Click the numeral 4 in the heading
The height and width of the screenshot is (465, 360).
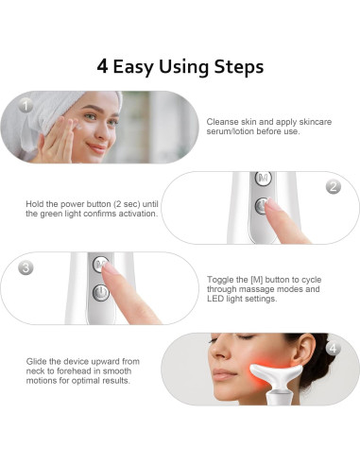(102, 66)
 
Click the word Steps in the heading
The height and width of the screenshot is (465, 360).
(239, 67)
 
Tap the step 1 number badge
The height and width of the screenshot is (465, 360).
(26, 106)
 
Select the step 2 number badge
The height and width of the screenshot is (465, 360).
(334, 186)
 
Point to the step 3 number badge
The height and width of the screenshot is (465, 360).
(26, 267)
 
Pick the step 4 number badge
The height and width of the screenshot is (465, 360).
(334, 349)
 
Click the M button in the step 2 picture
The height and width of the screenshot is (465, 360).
(263, 179)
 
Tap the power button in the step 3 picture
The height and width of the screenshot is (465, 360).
(101, 293)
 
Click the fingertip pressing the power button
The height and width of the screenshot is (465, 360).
(270, 204)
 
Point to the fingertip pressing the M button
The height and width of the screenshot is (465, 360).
(108, 267)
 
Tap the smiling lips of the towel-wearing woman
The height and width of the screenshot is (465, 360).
(97, 147)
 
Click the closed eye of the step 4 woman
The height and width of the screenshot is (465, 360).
(246, 337)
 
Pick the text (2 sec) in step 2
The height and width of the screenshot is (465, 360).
(126, 204)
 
